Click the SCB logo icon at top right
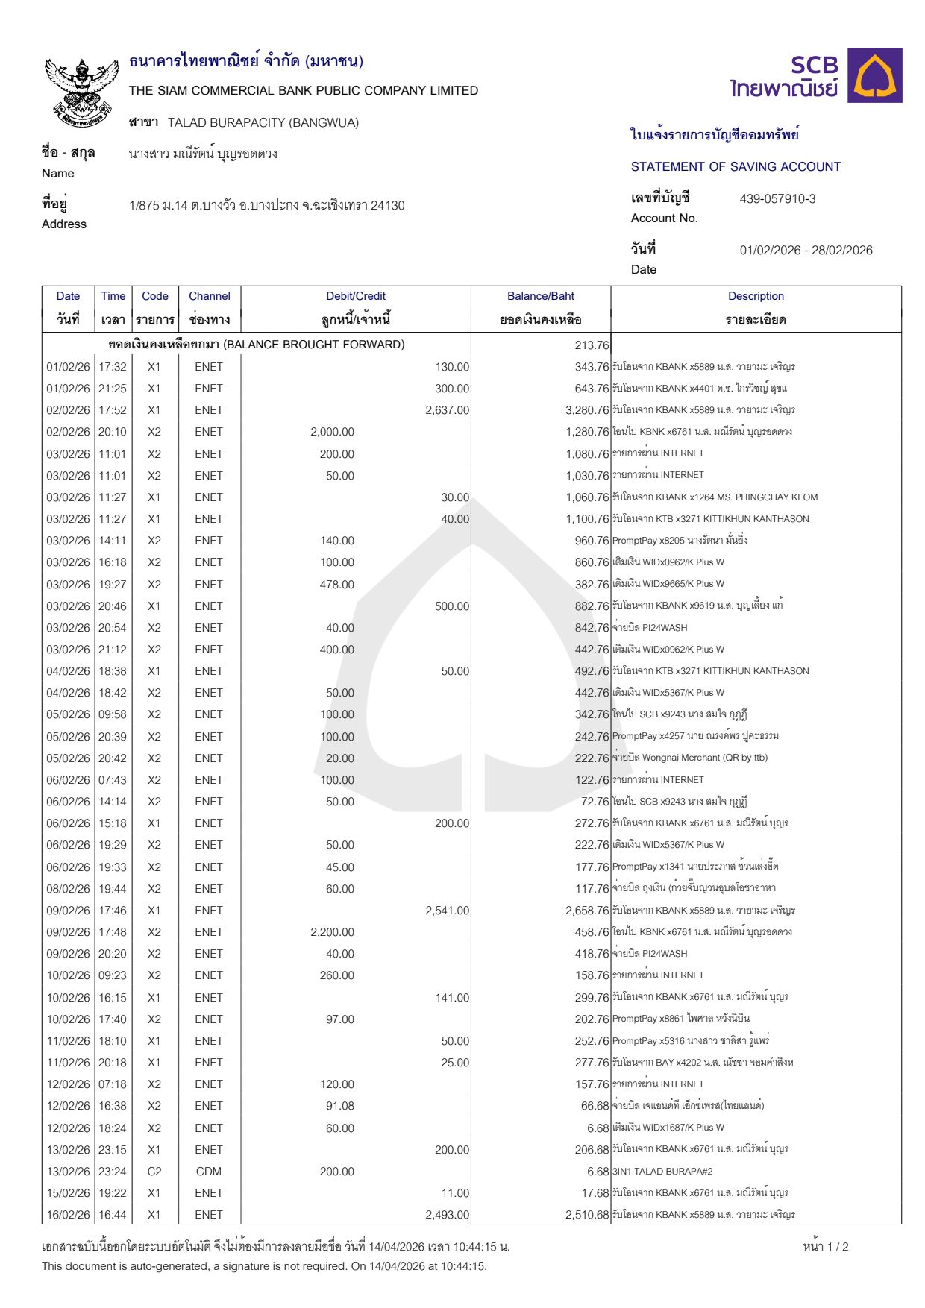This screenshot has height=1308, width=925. coord(878,75)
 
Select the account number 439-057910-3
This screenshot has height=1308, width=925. coord(777,199)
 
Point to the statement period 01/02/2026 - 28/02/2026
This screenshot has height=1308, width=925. coord(806,251)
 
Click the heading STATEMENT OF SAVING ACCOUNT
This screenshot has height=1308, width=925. coord(736,167)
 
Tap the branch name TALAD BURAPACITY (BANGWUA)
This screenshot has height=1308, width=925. coord(263,122)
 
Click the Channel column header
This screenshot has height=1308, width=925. coord(209,296)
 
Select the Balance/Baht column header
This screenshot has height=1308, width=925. coord(540,296)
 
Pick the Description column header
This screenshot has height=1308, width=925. coord(755,296)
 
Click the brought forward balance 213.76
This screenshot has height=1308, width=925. coord(592,345)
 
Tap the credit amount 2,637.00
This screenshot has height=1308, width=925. coord(447,410)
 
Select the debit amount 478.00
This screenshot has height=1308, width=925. coord(336,585)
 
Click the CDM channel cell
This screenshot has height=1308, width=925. coord(209,1172)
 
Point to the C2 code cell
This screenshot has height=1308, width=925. coord(154,1172)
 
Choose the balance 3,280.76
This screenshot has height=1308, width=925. coord(587,410)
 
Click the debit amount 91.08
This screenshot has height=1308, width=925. coord(339,1106)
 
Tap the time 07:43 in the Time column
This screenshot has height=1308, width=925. coord(113,780)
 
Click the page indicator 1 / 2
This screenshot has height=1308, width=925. coord(826,1247)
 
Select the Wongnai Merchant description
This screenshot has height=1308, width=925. coord(690,758)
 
